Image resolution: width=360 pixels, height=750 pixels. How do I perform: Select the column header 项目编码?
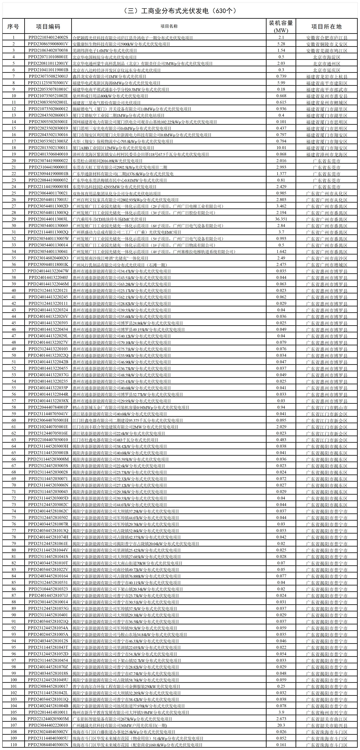(48, 26)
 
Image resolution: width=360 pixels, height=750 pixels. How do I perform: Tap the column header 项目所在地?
(326, 26)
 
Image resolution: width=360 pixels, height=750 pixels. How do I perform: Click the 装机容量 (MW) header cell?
(281, 26)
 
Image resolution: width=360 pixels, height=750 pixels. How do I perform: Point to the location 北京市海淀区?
(326, 57)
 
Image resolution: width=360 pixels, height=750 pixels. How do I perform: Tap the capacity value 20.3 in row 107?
(281, 725)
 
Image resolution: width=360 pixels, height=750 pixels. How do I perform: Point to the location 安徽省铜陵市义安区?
(326, 44)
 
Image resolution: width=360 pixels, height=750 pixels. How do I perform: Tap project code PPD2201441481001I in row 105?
(48, 712)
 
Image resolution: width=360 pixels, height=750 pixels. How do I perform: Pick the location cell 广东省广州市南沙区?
(326, 258)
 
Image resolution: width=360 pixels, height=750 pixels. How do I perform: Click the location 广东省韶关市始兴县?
(326, 725)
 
